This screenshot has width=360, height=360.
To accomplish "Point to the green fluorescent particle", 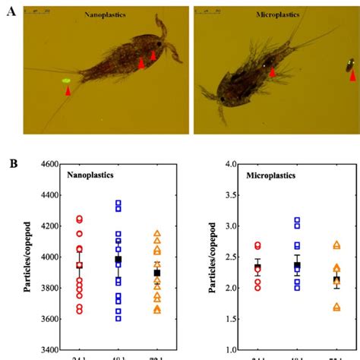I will click(x=66, y=79).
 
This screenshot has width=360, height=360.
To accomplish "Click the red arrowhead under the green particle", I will click(x=68, y=91).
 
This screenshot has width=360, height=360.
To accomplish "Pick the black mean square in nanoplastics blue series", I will click(x=117, y=260).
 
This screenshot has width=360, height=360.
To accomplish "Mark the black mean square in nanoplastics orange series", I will click(x=157, y=273).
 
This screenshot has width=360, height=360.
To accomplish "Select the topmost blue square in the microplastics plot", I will click(x=297, y=220).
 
